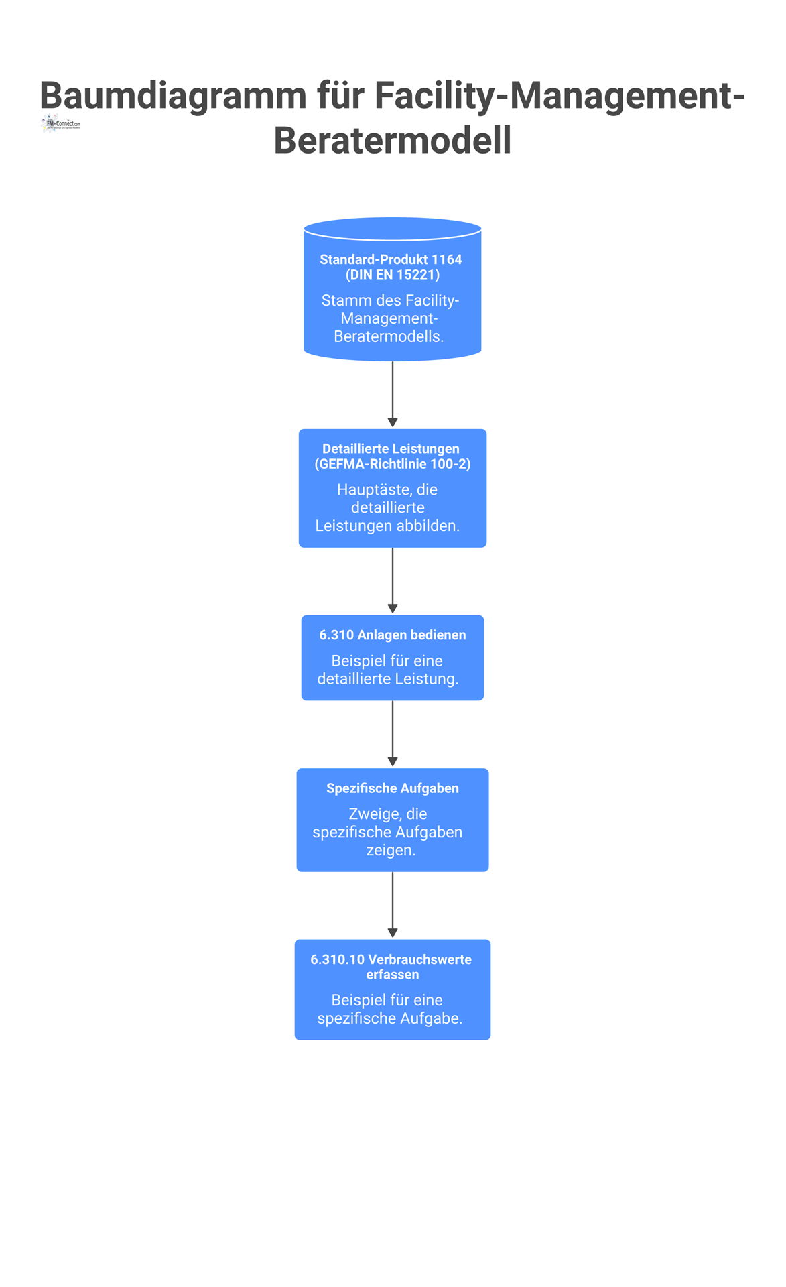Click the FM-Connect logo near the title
coord(60,124)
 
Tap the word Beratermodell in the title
coord(393,140)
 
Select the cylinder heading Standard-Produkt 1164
coord(391,259)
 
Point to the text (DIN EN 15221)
coord(393,275)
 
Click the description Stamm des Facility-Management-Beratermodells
coord(390,318)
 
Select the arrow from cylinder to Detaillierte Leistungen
coord(393,394)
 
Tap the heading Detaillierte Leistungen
coord(391,448)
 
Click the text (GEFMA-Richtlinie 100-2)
coord(393,464)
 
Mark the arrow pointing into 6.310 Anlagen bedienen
coord(393,580)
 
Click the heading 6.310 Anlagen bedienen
coord(393,635)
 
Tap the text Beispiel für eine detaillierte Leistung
coord(388,670)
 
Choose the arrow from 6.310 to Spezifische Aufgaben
coord(393,734)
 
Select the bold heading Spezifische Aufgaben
coord(393,788)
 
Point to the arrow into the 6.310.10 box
coord(393,905)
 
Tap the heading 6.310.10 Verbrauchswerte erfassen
coord(391,967)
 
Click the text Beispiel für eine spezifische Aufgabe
coord(389,1009)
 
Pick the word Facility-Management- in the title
coord(560,96)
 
